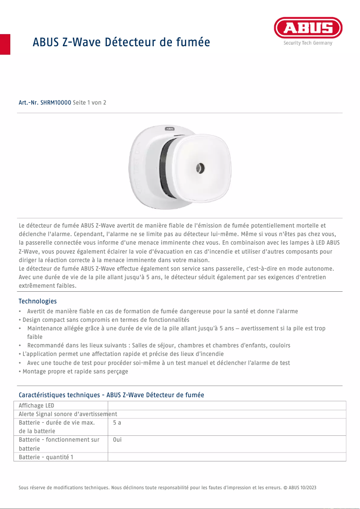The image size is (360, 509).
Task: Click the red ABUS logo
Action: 308,28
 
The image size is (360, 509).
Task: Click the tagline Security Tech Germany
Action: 308,43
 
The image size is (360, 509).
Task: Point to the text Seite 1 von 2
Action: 89,103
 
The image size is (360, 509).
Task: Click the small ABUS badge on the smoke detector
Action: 170,129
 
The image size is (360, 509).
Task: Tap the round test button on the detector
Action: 200,168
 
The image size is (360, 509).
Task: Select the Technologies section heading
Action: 38,301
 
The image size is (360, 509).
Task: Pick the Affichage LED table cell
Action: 36,406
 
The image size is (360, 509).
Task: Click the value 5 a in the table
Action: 117,423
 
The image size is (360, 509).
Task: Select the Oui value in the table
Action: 118,440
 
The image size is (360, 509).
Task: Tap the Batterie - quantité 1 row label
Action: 46,457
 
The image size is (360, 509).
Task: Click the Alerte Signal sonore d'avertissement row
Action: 68,414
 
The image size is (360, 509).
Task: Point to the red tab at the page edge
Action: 5,44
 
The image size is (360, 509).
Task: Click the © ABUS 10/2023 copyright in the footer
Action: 299,487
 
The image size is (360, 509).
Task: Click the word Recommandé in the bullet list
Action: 46,346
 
